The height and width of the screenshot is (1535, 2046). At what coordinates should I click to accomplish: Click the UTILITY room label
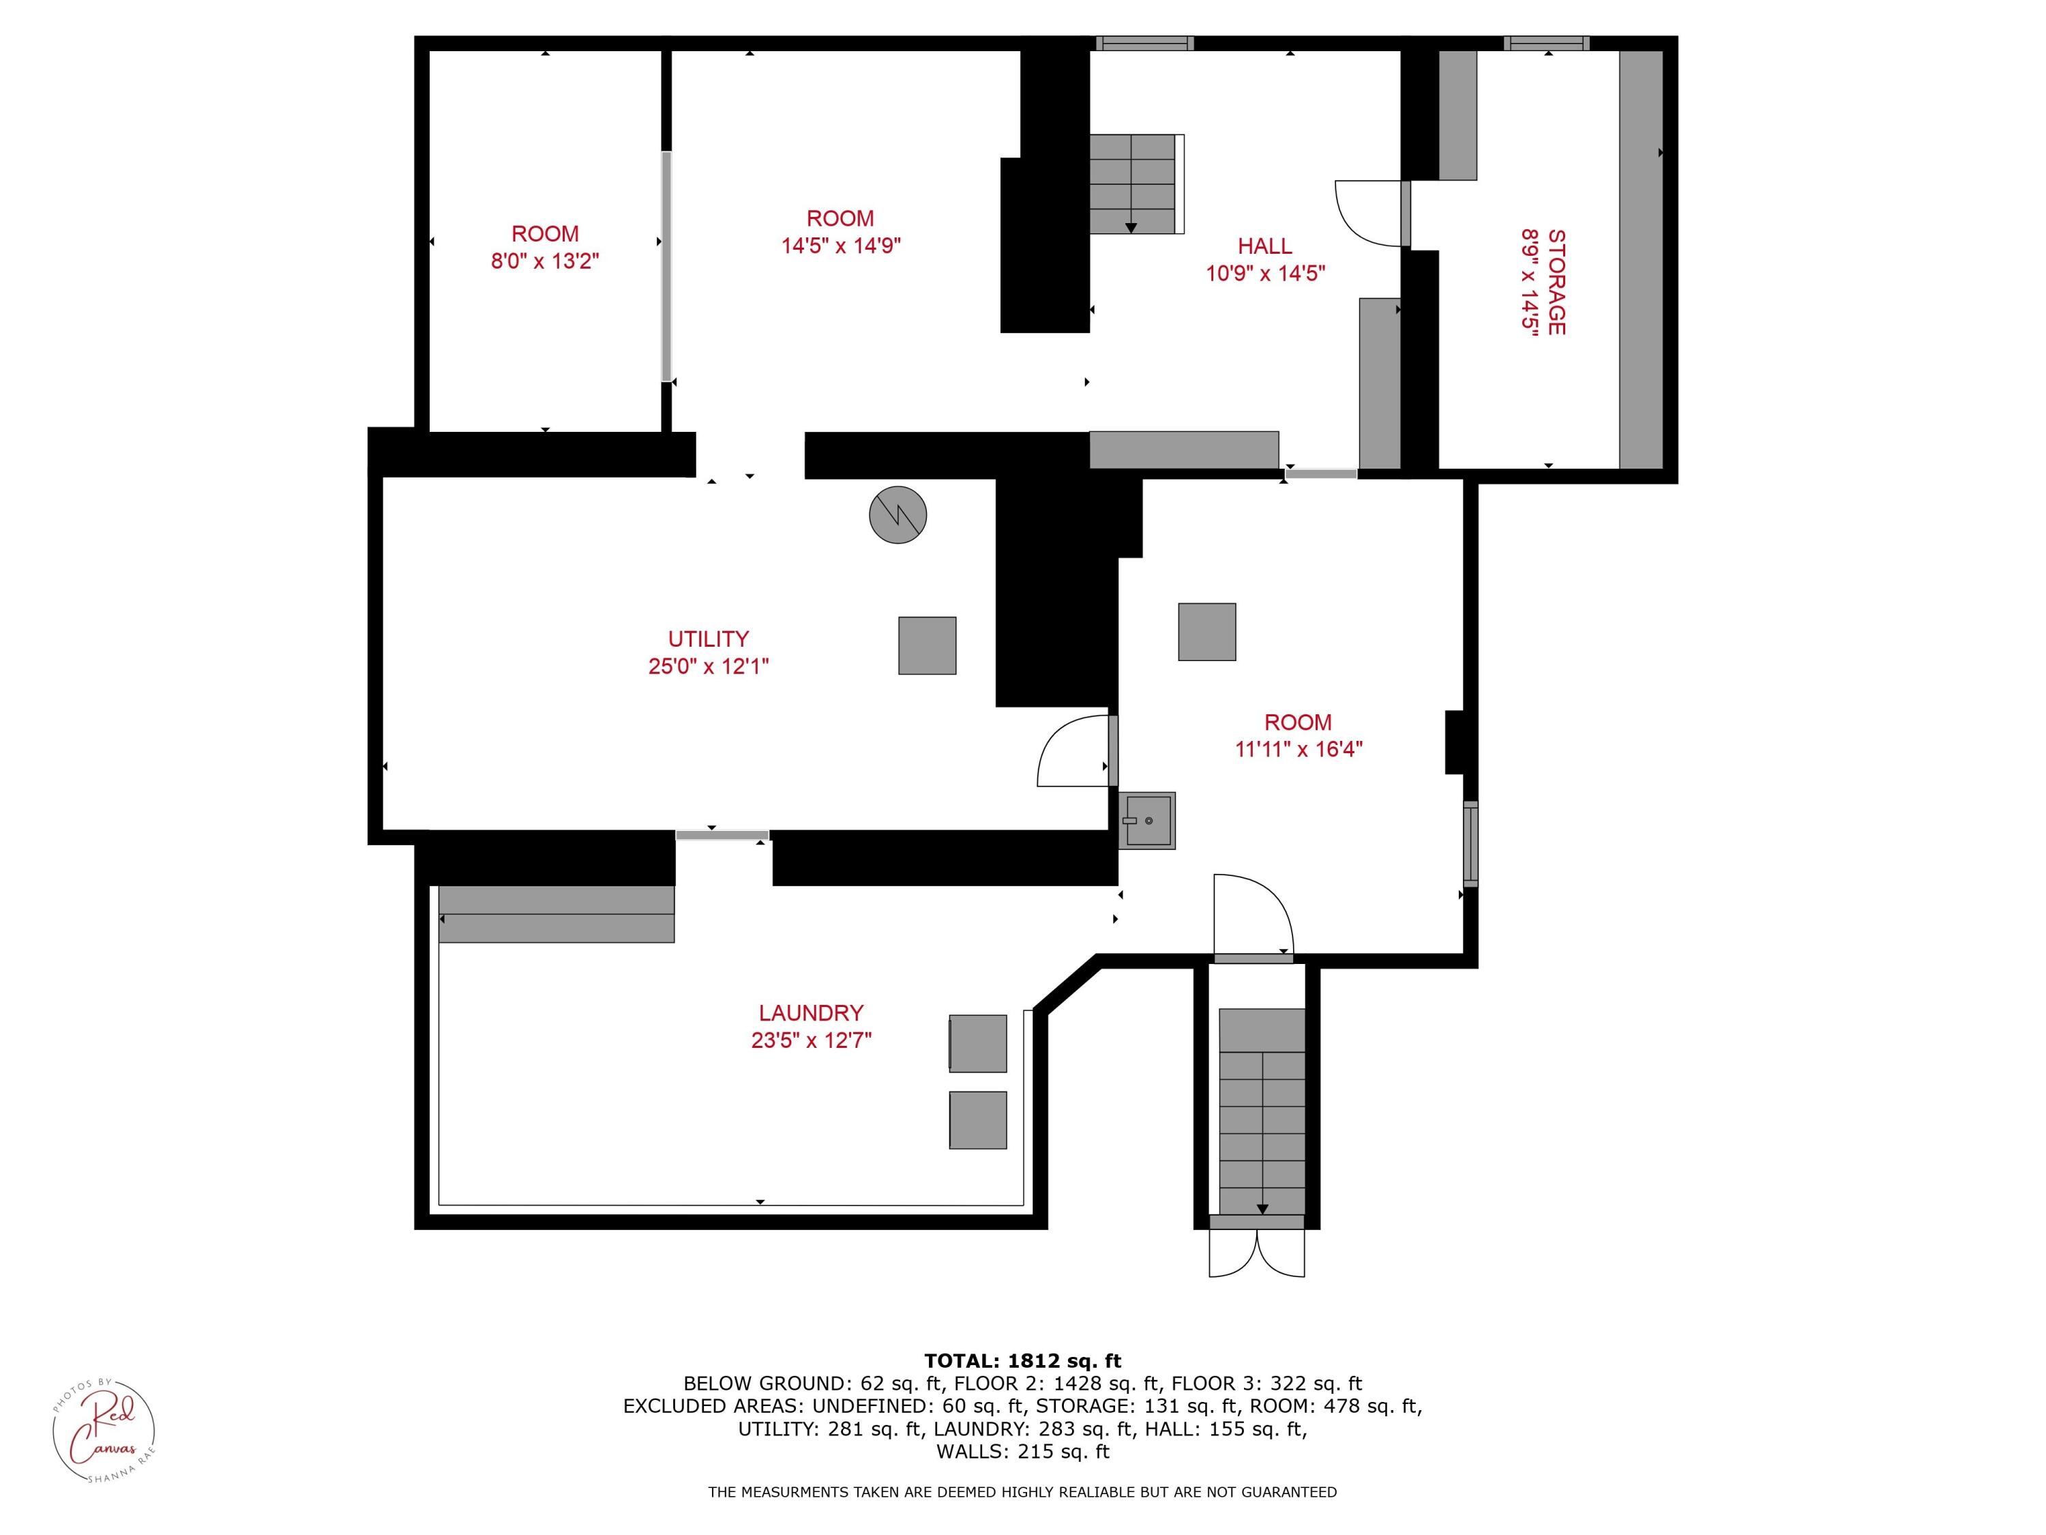tap(708, 639)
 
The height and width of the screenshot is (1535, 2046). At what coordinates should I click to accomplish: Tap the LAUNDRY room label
tap(810, 1012)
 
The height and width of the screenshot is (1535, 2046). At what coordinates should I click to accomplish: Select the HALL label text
tap(1264, 246)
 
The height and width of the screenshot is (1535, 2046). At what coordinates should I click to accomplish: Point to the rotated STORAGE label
tap(1556, 282)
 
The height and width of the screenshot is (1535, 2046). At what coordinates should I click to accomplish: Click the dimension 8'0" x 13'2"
tap(545, 261)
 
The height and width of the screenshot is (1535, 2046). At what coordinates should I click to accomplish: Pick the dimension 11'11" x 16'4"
tap(1299, 748)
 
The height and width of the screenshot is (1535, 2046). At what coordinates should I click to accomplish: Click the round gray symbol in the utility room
tap(898, 514)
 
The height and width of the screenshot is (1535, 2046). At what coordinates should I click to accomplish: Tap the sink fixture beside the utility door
tap(1147, 821)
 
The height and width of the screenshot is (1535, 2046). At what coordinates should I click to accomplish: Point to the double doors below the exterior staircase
tap(1256, 1254)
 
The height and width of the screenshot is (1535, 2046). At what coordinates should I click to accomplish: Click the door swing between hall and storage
tap(1369, 213)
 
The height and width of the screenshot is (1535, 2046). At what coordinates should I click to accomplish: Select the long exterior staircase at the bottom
tap(1262, 1110)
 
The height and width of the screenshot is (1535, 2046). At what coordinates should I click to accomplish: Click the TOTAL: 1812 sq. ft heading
tap(1022, 1361)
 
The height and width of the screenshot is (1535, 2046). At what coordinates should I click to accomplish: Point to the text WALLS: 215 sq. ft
tap(1022, 1452)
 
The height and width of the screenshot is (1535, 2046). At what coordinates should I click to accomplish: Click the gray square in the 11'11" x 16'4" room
tap(1206, 632)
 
